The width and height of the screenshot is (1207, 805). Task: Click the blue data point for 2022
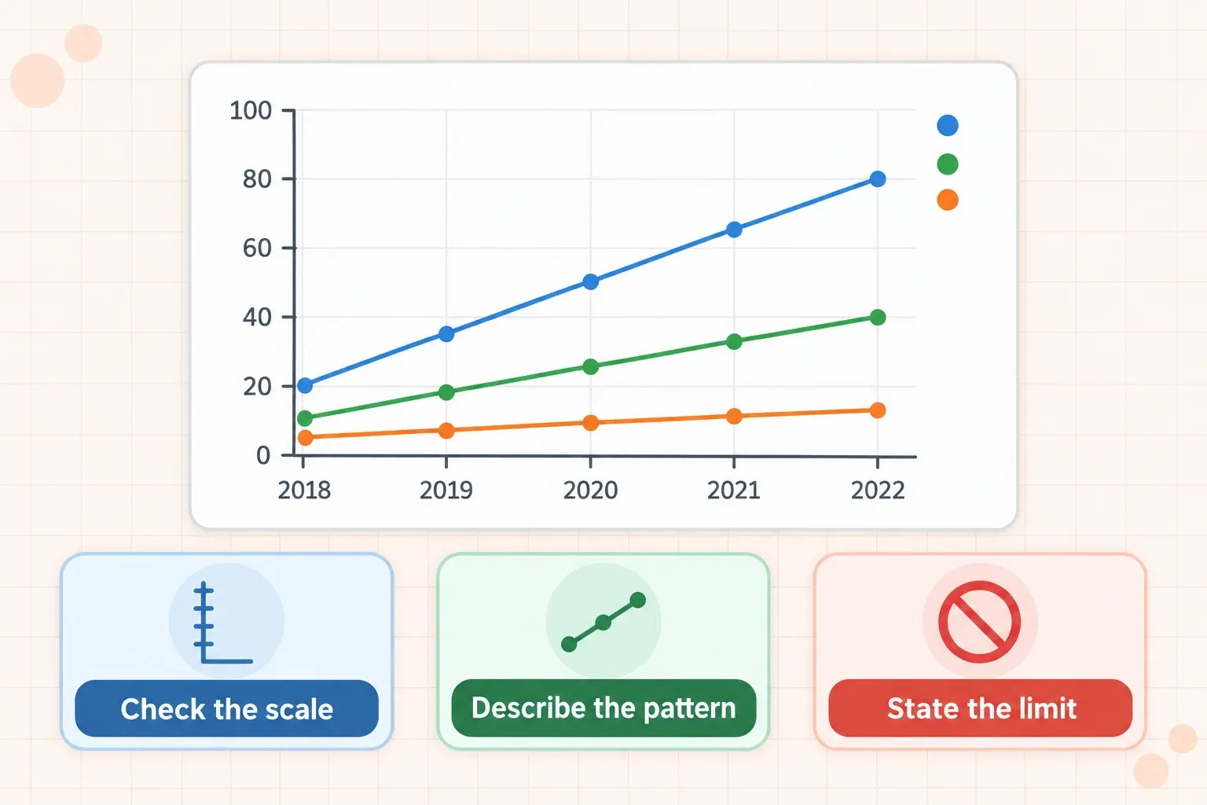[878, 179]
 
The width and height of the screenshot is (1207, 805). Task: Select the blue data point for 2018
[305, 385]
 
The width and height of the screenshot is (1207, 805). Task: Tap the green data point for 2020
[591, 366]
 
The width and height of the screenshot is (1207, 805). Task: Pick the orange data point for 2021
[734, 416]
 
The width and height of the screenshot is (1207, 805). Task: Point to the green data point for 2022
[878, 317]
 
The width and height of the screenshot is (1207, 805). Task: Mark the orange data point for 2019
[446, 431]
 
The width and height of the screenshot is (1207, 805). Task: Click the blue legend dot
[947, 125]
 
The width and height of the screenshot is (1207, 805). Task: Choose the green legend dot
[947, 164]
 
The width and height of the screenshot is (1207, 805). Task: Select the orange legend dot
[947, 200]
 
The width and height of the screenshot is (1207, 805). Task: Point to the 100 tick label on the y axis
[251, 111]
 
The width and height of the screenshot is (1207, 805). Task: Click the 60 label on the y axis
[257, 248]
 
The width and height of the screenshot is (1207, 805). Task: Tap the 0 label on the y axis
[263, 456]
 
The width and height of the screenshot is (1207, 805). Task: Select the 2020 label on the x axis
[591, 490]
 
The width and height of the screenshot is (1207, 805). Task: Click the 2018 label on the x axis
[304, 490]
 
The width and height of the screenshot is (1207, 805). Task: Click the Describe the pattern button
[603, 708]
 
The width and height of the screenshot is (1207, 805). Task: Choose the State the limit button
[980, 708]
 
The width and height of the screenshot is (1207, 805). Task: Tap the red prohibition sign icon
[980, 622]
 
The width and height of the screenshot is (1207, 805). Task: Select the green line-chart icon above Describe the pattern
[603, 622]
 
